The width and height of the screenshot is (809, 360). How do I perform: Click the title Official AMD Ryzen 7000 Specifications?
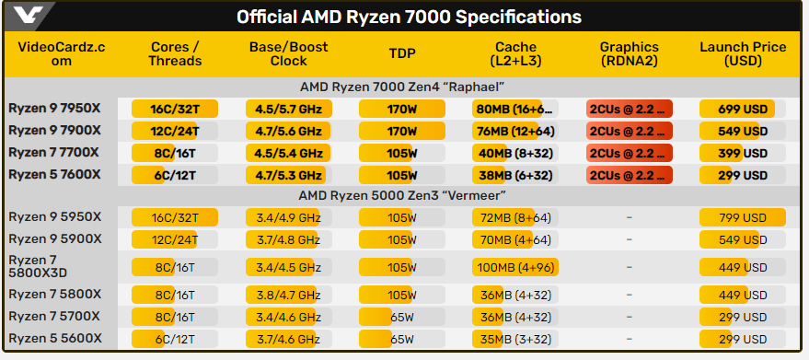[409, 17]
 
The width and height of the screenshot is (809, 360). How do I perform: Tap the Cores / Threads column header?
[173, 53]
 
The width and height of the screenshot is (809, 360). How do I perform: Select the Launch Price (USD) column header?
[742, 53]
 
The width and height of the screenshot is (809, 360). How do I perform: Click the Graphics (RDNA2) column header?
[630, 53]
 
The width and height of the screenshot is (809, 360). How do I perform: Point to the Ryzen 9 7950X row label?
[55, 109]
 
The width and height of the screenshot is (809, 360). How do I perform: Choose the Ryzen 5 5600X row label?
[55, 339]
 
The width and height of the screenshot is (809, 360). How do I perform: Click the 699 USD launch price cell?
[741, 109]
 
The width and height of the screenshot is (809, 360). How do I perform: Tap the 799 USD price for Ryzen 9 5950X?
[741, 217]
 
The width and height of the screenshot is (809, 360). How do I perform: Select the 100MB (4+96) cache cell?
[514, 267]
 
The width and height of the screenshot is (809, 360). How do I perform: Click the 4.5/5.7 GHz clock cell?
[284, 109]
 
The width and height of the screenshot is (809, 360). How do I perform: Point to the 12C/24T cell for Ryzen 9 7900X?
[174, 131]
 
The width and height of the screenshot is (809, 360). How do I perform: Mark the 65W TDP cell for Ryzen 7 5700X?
[401, 317]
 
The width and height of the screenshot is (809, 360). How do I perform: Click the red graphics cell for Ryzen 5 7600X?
[630, 175]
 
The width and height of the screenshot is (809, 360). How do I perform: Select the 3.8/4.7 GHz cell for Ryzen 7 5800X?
[284, 295]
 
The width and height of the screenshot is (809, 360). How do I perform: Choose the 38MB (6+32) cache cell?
[514, 175]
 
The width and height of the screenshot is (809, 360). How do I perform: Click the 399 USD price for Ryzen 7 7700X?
[741, 153]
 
